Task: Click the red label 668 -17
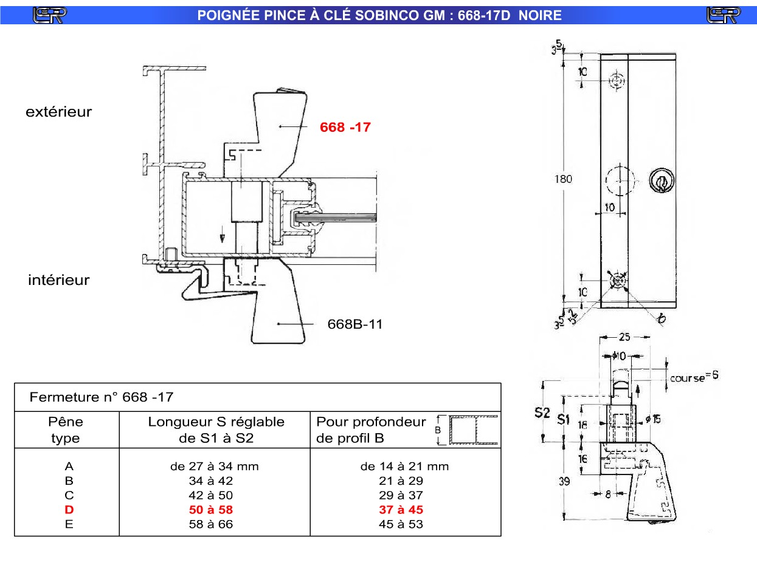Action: [345, 128]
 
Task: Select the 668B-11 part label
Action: [355, 324]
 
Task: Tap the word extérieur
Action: [58, 112]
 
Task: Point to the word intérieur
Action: [58, 280]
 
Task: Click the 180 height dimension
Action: [563, 179]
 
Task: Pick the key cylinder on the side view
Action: [660, 180]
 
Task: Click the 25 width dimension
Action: [625, 336]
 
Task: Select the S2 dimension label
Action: [542, 413]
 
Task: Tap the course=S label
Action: [694, 377]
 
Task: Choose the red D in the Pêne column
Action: [69, 510]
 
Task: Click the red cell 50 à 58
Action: [211, 510]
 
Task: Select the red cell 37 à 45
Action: [401, 510]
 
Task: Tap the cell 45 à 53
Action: [401, 524]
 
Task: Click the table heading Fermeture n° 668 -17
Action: [102, 397]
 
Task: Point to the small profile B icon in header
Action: [467, 430]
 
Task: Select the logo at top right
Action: [723, 15]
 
